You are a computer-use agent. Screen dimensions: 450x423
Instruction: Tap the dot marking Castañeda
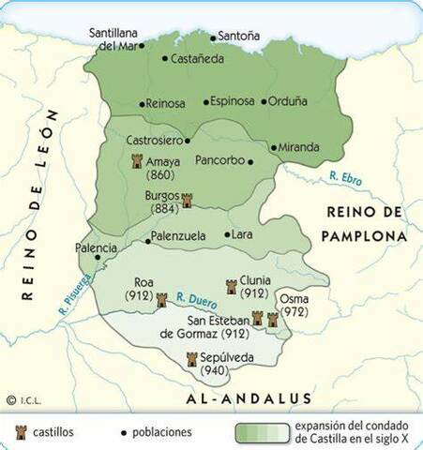coord(165,58)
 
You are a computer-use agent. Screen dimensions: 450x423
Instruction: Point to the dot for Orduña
coord(264,101)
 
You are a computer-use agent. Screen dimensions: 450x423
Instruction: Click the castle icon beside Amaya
coord(137,161)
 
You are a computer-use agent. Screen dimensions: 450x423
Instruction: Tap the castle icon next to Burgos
coord(187,200)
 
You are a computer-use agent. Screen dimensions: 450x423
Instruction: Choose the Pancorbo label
coord(219,160)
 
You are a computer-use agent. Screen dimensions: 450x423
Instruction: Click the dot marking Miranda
coord(274,147)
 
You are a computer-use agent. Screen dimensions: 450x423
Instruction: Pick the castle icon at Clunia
coord(231,286)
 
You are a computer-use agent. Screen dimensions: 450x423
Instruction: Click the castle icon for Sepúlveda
coord(192,358)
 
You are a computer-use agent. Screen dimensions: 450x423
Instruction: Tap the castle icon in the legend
coord(20,431)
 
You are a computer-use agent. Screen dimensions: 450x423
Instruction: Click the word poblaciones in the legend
coord(162,432)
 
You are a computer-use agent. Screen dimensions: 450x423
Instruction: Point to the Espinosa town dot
coord(205,101)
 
